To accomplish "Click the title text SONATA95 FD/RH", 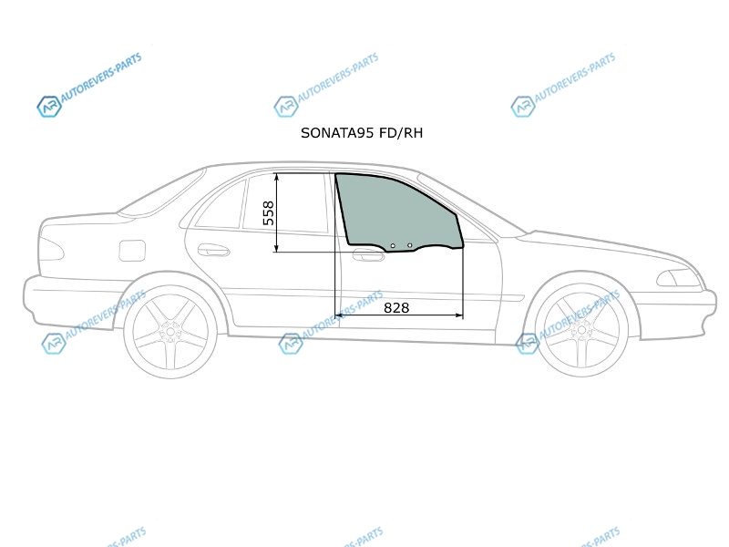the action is (x=362, y=133).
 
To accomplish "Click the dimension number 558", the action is (x=269, y=213).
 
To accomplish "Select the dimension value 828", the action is (x=396, y=308).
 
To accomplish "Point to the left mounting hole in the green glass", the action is (x=393, y=245).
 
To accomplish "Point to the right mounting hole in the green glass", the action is (x=409, y=245).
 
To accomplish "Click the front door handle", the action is (x=368, y=255).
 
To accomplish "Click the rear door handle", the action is (x=213, y=250).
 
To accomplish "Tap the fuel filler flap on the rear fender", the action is (x=132, y=251).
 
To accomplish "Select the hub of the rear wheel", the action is (x=170, y=332).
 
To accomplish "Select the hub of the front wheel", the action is (x=581, y=331).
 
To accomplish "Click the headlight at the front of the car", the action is (x=679, y=278).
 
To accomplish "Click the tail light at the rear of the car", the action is (x=50, y=249).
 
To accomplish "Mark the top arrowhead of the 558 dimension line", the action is (x=277, y=176).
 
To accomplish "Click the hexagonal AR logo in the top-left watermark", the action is (x=49, y=107).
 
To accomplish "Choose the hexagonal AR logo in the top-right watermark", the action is (x=522, y=107).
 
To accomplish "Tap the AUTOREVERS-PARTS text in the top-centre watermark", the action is (x=338, y=77).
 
